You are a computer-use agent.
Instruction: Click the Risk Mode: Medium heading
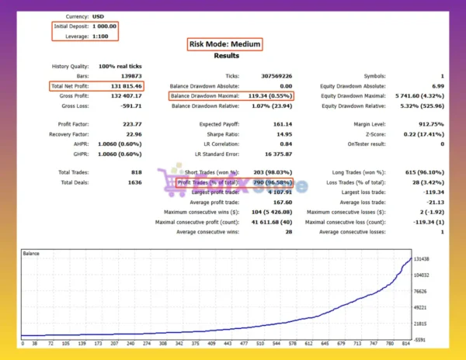224,44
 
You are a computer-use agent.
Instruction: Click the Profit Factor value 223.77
130,125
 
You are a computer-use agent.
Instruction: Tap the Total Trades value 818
137,171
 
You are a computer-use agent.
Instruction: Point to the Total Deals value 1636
134,182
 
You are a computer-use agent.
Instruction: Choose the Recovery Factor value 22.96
130,134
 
